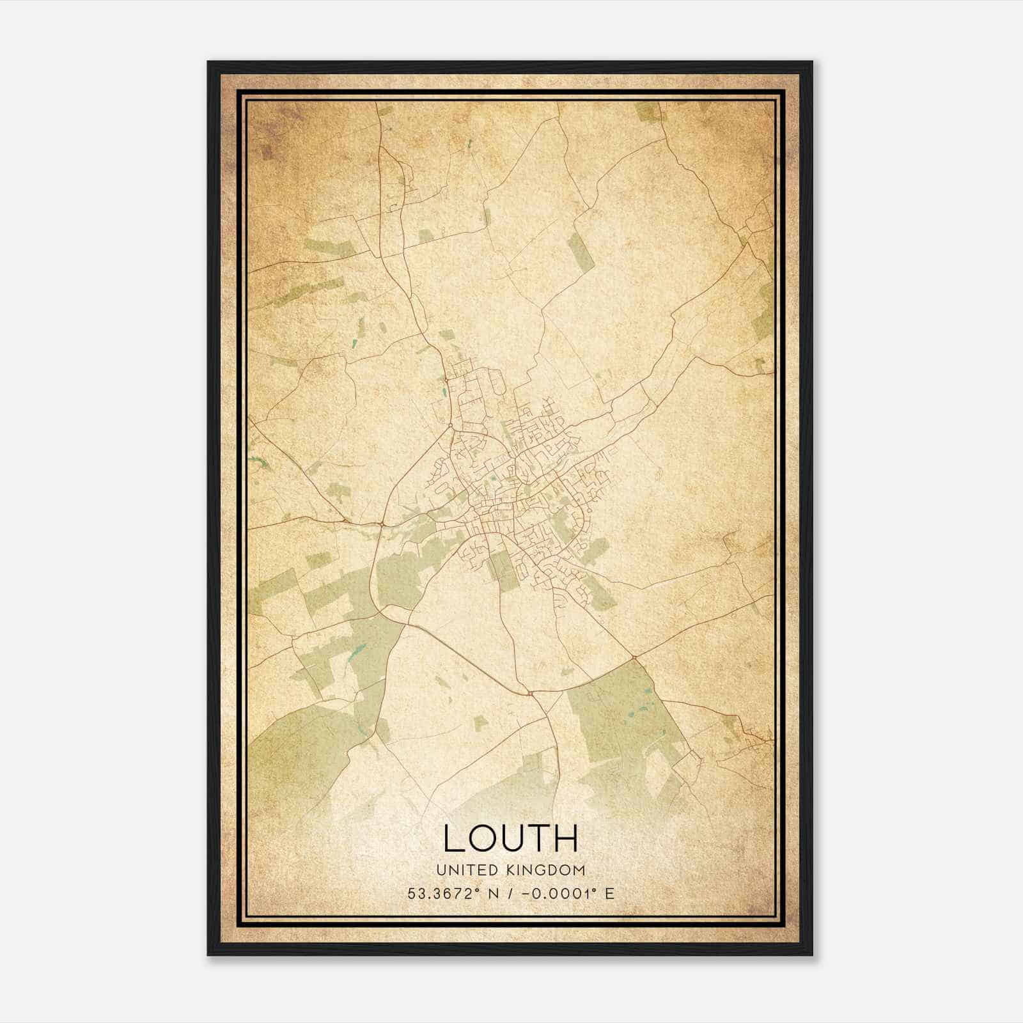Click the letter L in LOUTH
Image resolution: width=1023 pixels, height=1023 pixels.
pyautogui.click(x=453, y=839)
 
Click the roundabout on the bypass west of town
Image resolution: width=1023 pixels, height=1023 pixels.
pyautogui.click(x=381, y=524)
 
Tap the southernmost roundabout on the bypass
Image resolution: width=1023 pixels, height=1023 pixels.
pyautogui.click(x=531, y=692)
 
